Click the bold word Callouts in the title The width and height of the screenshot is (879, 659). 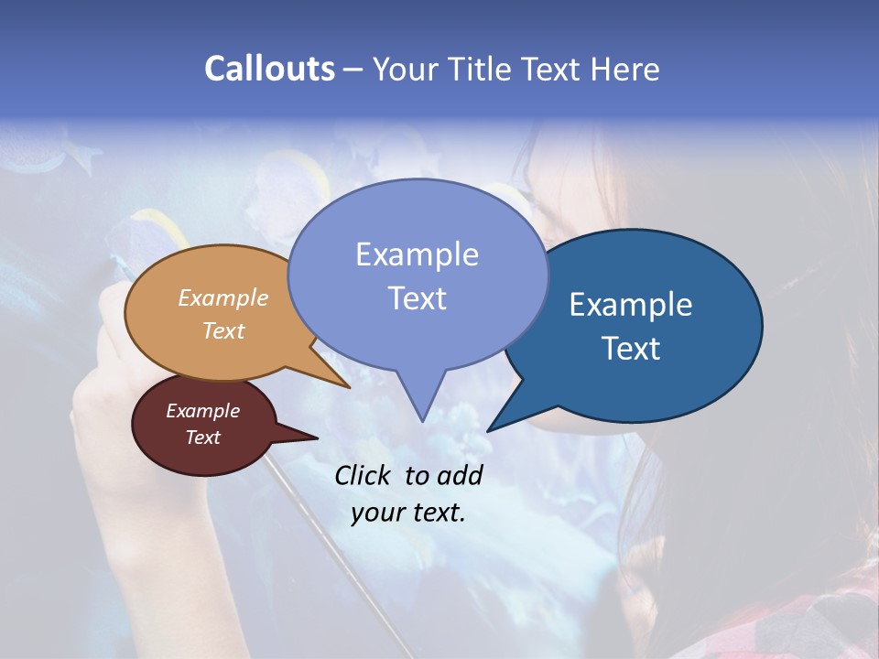click(269, 69)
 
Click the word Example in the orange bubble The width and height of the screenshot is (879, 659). click(223, 297)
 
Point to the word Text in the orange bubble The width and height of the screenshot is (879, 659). click(223, 330)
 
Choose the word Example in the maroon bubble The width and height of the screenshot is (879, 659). click(203, 411)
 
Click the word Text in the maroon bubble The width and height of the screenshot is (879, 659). click(203, 438)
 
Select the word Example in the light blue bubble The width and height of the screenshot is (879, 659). click(417, 254)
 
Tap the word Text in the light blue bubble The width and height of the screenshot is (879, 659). click(417, 297)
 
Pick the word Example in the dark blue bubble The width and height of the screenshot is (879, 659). click(631, 305)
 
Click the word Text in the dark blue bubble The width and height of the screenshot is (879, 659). click(631, 348)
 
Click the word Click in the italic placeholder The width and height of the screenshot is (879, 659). click(364, 475)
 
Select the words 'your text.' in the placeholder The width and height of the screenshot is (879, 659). click(408, 512)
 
